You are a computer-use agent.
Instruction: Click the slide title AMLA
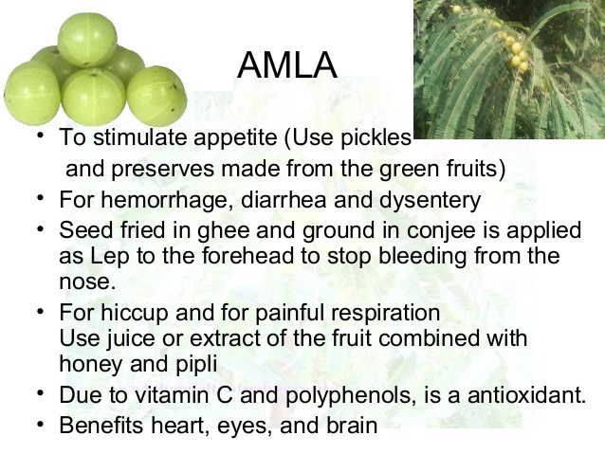pos(286,65)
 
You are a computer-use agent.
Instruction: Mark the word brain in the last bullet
pos(348,426)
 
